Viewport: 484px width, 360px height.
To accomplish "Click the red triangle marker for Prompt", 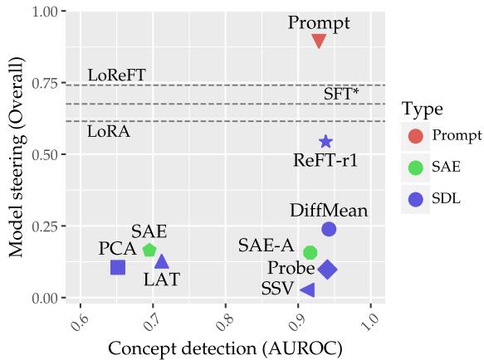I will point(319,41).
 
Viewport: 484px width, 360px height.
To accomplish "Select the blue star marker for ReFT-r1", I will point(325,143).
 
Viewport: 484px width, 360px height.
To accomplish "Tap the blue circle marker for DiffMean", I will point(329,229).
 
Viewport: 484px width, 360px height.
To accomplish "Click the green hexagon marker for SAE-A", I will point(310,252).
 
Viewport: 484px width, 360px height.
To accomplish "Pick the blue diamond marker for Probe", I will point(327,269).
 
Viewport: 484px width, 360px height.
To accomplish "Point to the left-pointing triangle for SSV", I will point(307,289).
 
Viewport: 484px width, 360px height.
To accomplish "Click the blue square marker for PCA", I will point(118,267).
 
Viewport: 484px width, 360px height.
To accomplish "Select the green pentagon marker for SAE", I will point(149,250).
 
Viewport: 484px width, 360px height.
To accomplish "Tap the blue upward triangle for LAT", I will point(162,262).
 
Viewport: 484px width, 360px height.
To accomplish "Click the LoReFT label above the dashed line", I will point(116,75).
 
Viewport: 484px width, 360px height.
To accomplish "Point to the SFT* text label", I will point(341,95).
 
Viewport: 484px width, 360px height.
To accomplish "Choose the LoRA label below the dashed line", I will point(109,132).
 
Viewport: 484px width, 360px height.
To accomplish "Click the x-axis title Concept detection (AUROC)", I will point(225,348).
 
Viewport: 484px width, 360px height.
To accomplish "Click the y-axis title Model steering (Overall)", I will point(16,156).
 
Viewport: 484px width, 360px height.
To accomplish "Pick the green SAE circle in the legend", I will point(415,167).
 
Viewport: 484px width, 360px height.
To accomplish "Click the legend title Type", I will point(421,109).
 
